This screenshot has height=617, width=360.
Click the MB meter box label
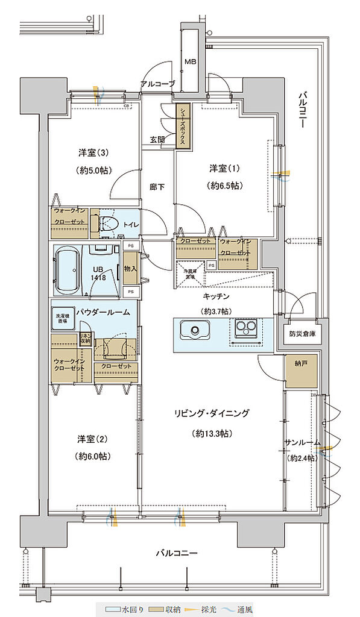[190, 61]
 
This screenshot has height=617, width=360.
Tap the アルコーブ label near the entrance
[157, 84]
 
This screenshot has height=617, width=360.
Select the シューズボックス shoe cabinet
[182, 125]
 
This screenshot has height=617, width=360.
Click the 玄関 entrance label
[157, 139]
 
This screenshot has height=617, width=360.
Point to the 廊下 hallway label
[157, 187]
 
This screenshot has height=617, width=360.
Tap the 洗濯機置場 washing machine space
[63, 320]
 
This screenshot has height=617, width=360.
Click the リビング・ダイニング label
[211, 413]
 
